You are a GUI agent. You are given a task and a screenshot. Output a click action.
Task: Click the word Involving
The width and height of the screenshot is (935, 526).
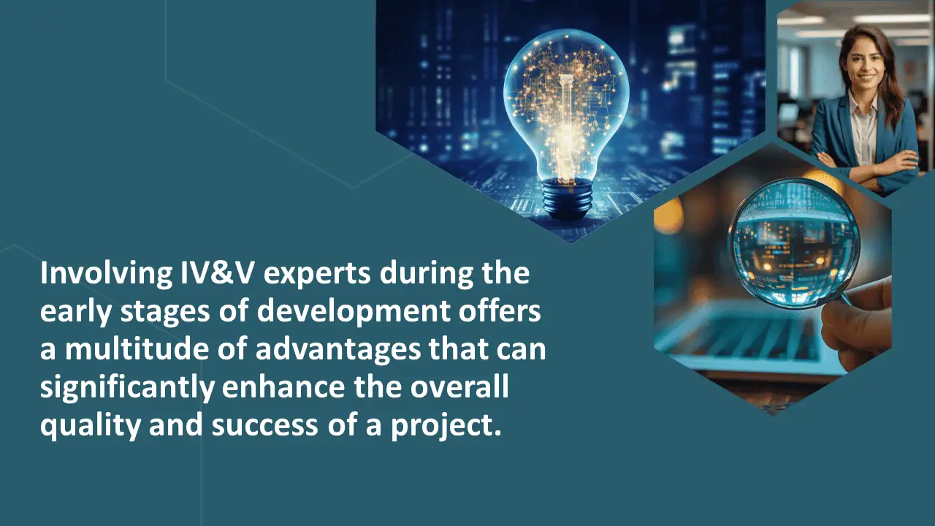pos(106,274)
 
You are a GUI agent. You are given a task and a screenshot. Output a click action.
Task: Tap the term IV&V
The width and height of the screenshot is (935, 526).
pos(217,273)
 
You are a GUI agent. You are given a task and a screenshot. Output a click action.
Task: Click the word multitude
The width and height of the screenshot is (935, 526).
pos(137,349)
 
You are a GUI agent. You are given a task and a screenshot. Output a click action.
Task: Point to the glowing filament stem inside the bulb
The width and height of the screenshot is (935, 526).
pos(565,125)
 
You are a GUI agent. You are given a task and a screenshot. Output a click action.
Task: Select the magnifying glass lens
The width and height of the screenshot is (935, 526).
pos(794,243)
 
